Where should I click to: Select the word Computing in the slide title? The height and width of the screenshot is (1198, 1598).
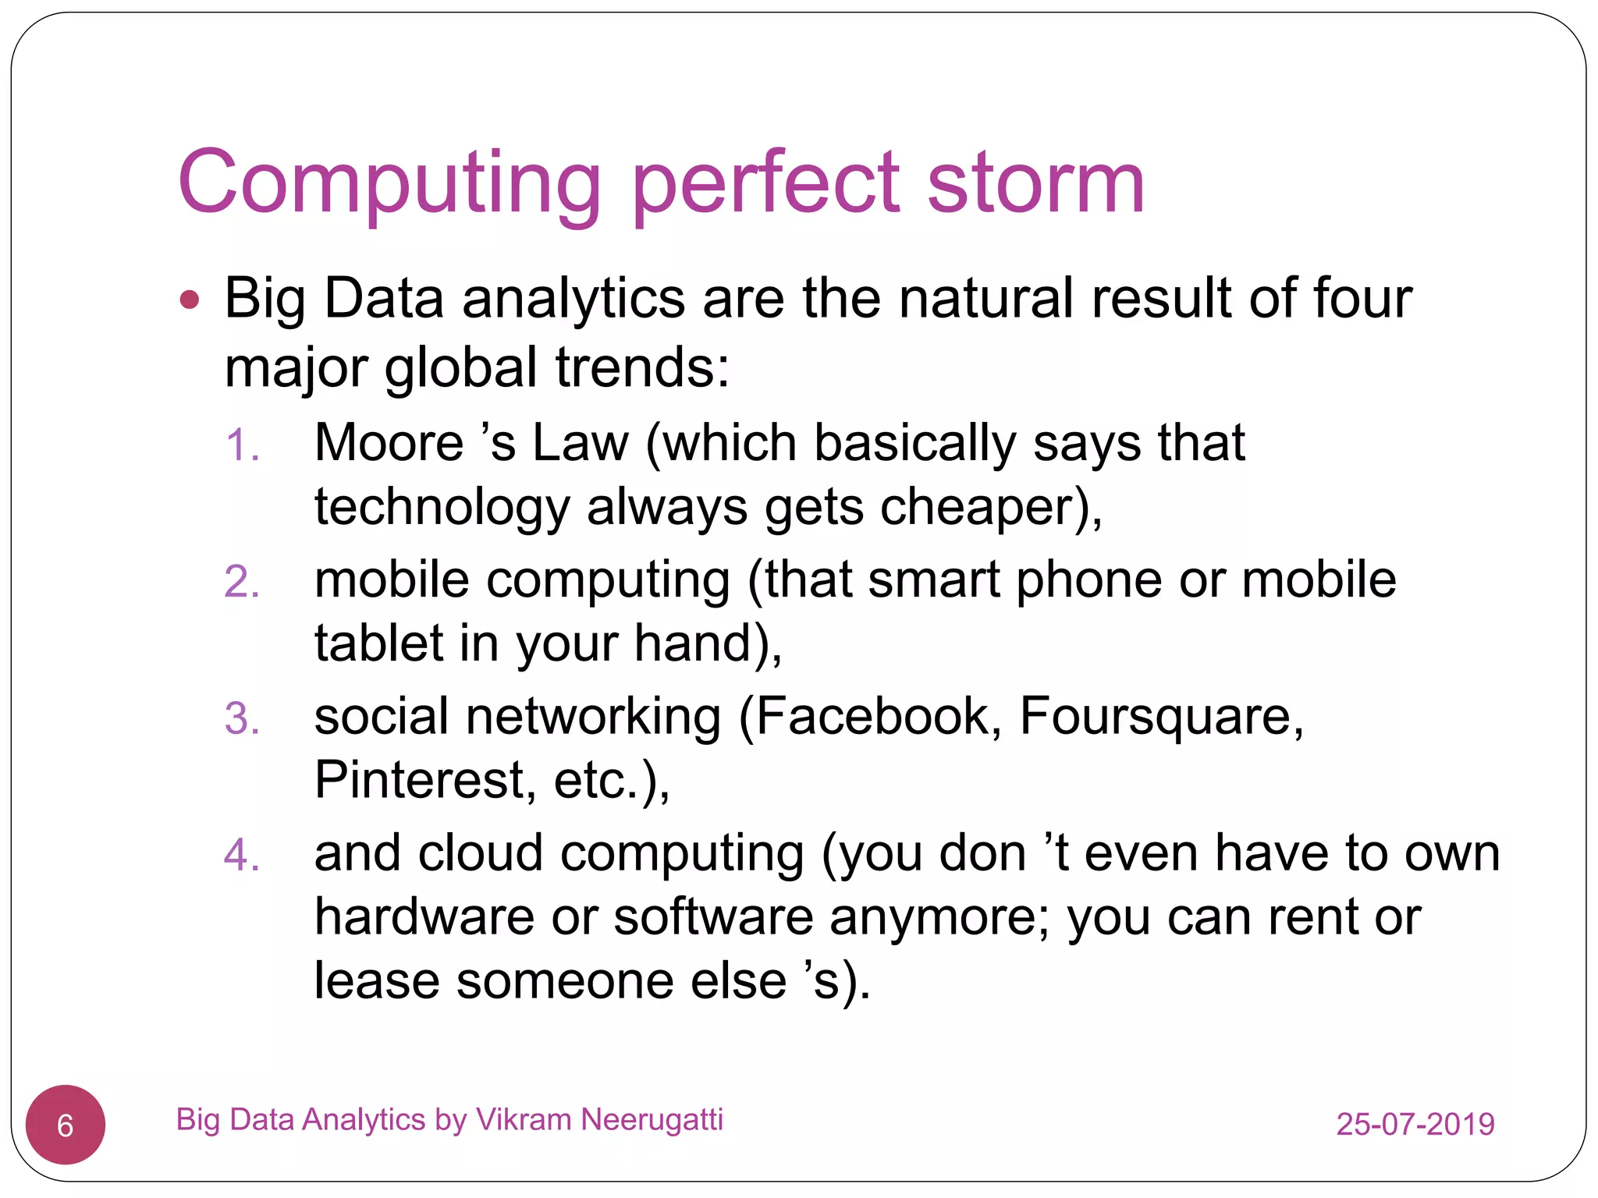(389, 184)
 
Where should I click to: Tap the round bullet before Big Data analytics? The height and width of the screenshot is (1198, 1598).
(190, 299)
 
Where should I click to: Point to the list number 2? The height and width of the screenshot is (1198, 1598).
(241, 583)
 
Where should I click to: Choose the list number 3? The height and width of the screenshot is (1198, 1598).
(241, 718)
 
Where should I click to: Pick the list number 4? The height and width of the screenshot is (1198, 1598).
(241, 855)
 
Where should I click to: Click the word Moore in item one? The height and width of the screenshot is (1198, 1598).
(389, 444)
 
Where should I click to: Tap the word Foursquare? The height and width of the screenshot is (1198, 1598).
(1161, 716)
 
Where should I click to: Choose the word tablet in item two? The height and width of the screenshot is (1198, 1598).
(379, 643)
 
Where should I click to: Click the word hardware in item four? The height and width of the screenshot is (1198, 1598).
(424, 917)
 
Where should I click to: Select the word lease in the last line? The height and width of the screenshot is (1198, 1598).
(377, 981)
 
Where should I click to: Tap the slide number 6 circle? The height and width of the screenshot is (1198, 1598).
(66, 1125)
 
